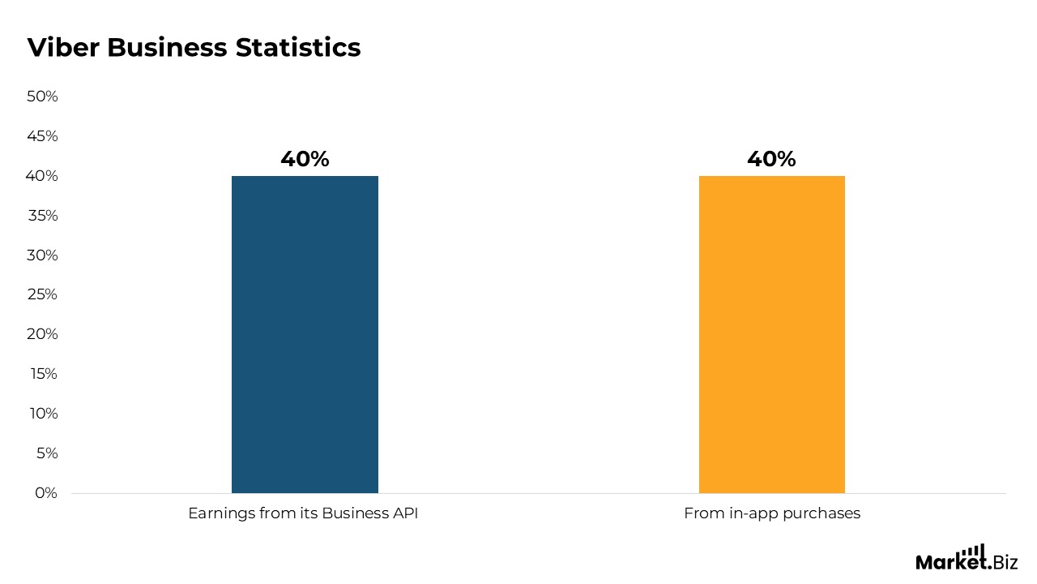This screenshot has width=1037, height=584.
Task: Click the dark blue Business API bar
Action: click(x=305, y=334)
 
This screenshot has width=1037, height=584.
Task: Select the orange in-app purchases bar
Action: click(x=772, y=334)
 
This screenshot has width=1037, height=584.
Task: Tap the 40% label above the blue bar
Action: click(x=305, y=159)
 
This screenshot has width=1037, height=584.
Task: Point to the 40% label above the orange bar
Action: click(x=771, y=159)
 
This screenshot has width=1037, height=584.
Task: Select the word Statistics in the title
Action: click(x=298, y=47)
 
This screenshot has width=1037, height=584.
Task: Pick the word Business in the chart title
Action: click(x=167, y=47)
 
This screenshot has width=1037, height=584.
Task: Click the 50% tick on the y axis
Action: click(x=42, y=97)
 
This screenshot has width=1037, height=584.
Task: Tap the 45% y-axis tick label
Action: click(x=42, y=136)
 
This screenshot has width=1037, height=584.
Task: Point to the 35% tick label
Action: click(x=43, y=216)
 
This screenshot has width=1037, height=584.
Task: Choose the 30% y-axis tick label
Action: click(x=42, y=255)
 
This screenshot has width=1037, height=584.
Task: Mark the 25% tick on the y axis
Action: click(x=42, y=294)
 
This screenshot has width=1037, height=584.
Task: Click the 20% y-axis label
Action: click(x=42, y=334)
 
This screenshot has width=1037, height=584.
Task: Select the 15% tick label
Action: click(x=44, y=374)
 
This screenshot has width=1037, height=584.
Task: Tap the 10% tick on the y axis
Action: click(x=44, y=414)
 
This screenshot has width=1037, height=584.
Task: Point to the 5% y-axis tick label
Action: click(x=47, y=453)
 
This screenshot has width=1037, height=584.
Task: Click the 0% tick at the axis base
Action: click(x=46, y=492)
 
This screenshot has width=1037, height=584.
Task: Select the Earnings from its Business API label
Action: click(x=303, y=513)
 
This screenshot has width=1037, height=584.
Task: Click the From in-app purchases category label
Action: click(x=772, y=514)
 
